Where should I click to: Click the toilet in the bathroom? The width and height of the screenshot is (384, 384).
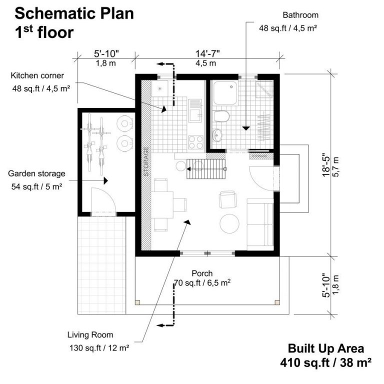[x=220, y=116]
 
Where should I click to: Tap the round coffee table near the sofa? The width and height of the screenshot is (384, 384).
[x=230, y=223]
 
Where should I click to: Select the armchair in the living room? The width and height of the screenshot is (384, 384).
[x=228, y=199]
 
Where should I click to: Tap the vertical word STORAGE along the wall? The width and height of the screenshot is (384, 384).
[x=146, y=161]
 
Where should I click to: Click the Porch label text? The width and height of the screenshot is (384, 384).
[x=202, y=273]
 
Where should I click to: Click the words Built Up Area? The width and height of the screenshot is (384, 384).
[x=325, y=348]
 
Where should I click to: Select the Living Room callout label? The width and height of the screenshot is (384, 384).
[x=90, y=335]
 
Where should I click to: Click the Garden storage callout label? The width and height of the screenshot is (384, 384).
[x=36, y=173]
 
